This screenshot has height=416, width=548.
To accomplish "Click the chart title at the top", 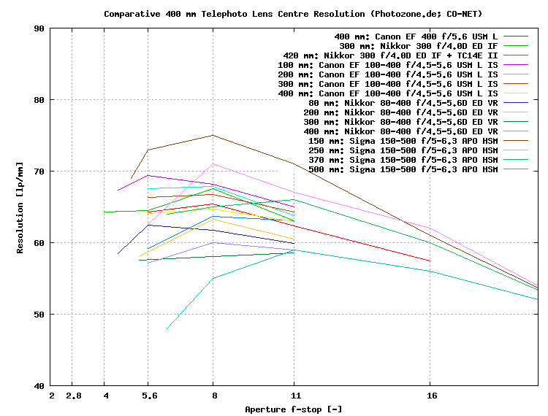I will tap(293, 14).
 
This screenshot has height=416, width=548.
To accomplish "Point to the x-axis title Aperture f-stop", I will tap(293, 409).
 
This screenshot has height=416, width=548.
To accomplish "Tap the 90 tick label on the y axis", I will tap(37, 28).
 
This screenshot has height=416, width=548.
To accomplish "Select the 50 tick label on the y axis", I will tap(37, 314).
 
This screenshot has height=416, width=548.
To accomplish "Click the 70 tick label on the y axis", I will tap(37, 172).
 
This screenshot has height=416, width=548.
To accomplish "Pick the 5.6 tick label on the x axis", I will tap(148, 396).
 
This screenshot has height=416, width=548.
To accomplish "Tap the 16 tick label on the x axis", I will tap(431, 396).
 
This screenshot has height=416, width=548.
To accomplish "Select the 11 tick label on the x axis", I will tap(294, 396).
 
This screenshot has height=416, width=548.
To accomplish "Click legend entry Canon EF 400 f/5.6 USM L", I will tap(416, 36).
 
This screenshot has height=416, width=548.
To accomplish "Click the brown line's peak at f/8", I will tap(213, 135).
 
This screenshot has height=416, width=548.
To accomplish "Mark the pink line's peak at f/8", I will tap(213, 163).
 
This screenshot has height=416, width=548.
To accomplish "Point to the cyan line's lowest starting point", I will tap(167, 329).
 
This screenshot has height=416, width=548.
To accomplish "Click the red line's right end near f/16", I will tap(430, 261).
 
